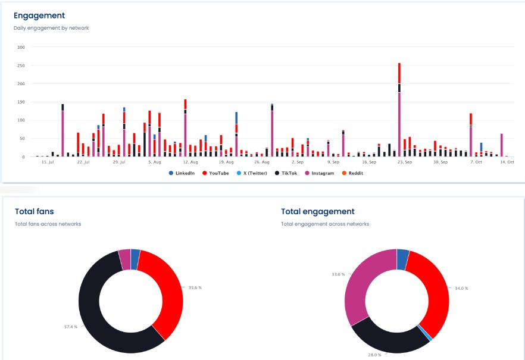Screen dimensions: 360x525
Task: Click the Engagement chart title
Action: pos(39,15)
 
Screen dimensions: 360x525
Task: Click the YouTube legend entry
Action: pos(216,173)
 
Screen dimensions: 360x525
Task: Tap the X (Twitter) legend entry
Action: pos(254,173)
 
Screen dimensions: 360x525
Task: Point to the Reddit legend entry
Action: pos(356,173)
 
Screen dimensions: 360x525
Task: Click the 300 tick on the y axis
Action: pos(21,47)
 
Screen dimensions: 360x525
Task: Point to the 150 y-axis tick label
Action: pos(21,102)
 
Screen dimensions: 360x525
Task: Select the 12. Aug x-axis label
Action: pos(190,161)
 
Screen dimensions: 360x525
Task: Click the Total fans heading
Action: pos(35,211)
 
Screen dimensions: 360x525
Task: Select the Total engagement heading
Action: pos(317,211)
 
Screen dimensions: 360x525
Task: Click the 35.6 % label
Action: pos(195,287)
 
